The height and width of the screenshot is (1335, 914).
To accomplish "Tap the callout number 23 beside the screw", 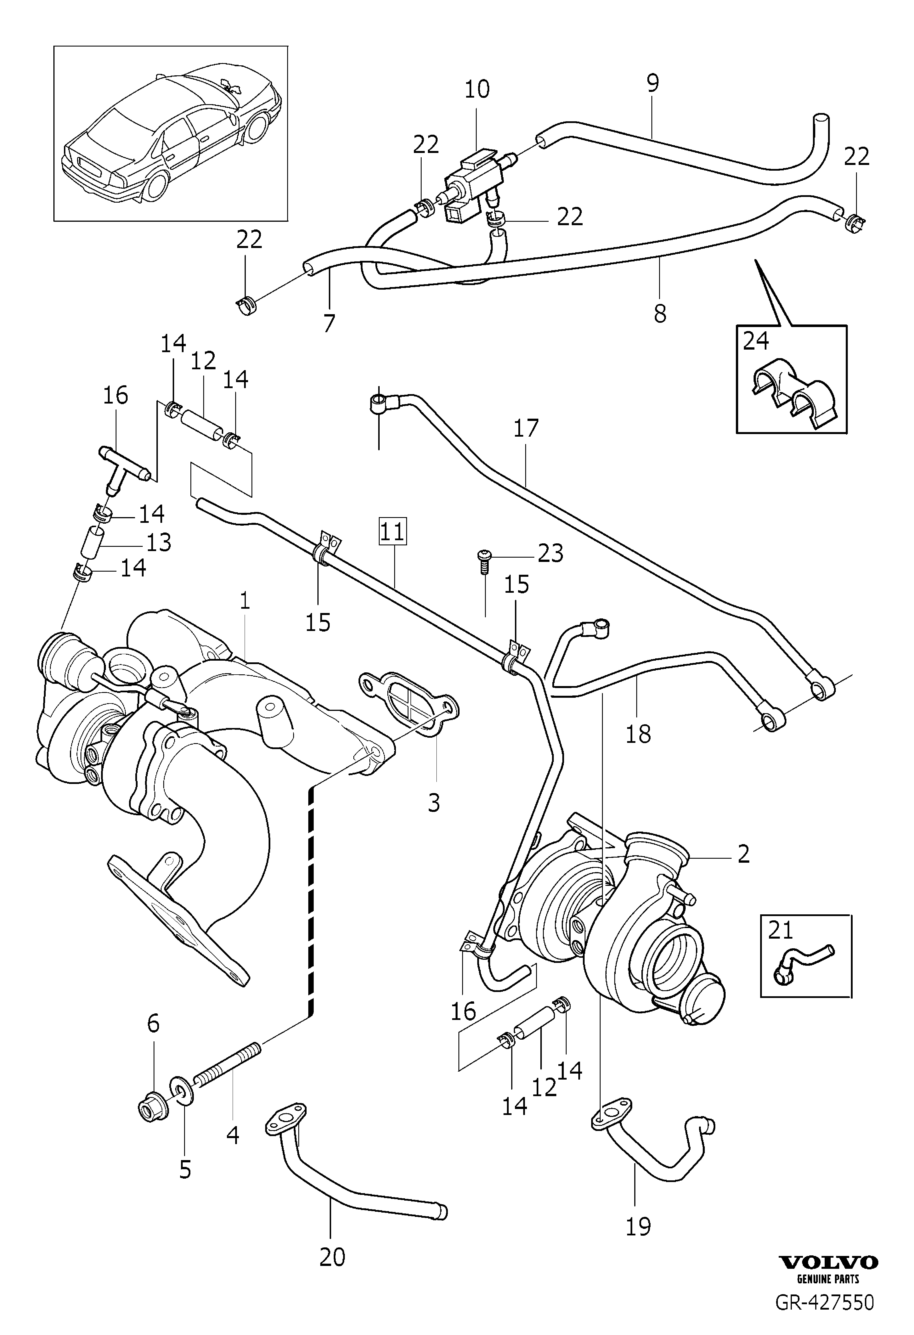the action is click(550, 553).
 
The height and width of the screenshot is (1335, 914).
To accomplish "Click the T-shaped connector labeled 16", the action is click(125, 466).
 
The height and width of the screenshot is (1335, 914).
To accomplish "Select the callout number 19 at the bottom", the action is click(638, 1227).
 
